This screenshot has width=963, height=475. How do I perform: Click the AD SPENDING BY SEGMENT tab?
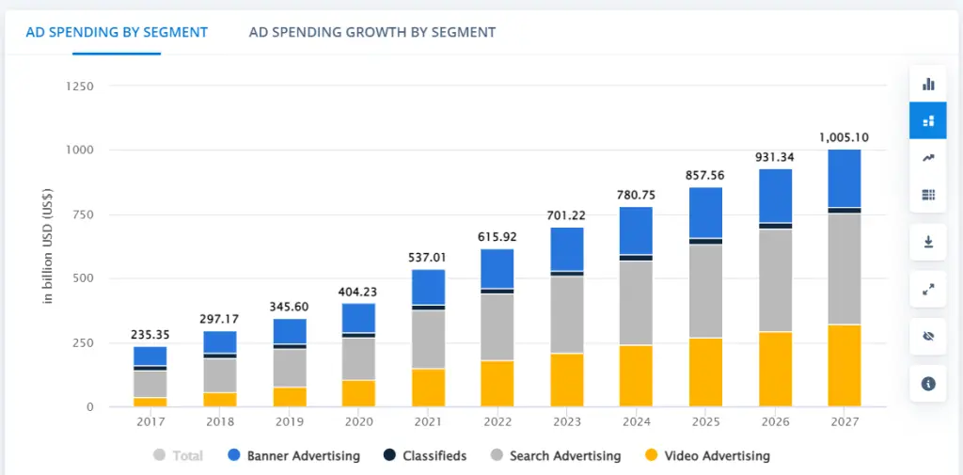117,32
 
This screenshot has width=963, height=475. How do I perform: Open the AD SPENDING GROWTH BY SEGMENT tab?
371,32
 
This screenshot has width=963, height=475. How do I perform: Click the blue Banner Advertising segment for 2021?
428,287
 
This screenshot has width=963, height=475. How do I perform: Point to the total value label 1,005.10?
844,137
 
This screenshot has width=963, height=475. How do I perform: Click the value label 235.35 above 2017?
150,334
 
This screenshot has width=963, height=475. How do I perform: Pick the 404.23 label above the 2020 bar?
357,292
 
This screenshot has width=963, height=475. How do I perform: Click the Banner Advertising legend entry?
293,456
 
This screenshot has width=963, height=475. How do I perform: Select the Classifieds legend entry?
425,456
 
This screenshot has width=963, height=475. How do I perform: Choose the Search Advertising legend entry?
556,456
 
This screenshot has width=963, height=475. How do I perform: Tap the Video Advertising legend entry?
707,456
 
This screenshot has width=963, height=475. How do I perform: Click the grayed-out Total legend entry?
178,456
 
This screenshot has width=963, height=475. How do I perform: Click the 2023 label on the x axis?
566,422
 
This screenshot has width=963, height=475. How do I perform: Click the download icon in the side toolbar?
928,243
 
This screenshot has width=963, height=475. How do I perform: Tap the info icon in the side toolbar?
928,383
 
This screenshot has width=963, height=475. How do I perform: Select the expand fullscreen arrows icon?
928,289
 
